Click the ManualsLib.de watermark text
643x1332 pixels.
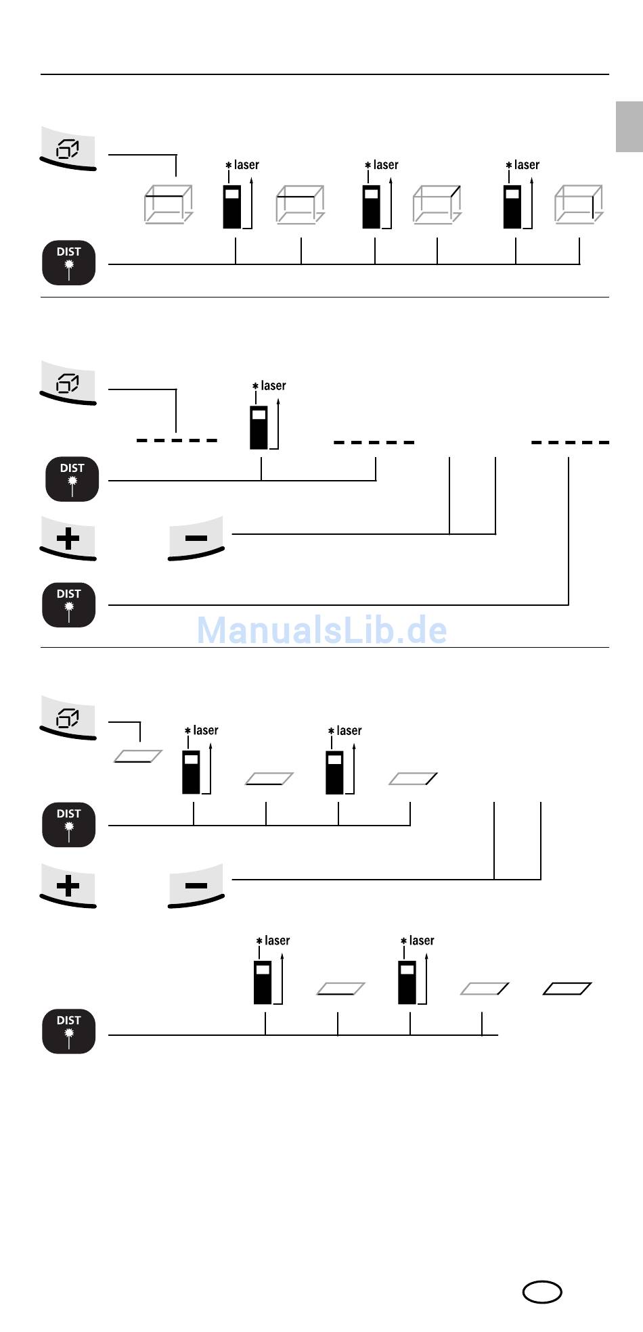tap(321, 629)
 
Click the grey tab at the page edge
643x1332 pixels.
tap(629, 127)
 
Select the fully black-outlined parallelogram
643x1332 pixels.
tap(567, 989)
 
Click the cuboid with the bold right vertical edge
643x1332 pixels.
tap(579, 204)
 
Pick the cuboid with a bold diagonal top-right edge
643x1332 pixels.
tap(437, 204)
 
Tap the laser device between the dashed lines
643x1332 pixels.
tap(259, 427)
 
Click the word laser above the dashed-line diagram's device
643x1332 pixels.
tap(273, 385)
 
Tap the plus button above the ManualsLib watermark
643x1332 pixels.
tap(68, 539)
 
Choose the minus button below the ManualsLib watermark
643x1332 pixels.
tap(196, 886)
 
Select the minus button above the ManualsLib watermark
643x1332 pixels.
tap(196, 538)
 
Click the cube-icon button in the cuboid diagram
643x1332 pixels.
tap(68, 148)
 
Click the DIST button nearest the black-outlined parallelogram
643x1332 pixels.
tap(68, 1031)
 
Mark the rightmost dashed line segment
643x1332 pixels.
tap(570, 442)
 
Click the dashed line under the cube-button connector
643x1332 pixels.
tap(177, 440)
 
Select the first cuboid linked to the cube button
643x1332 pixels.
tap(169, 204)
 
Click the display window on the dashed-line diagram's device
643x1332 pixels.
tap(259, 414)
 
